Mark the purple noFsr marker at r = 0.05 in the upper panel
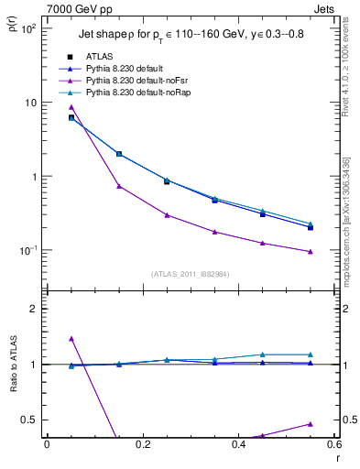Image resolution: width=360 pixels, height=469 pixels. tap(71, 107)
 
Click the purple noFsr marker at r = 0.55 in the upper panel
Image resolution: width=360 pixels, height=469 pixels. tap(311, 252)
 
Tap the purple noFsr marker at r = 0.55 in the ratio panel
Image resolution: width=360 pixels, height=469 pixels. tap(311, 424)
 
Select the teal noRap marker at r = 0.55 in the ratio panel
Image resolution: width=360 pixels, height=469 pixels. tap(311, 354)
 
